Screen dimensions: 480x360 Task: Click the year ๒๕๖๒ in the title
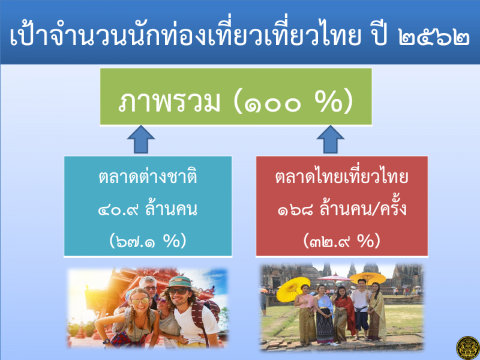(x=434, y=37)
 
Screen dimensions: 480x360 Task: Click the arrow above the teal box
(x=141, y=139)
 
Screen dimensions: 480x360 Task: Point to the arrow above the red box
(x=331, y=139)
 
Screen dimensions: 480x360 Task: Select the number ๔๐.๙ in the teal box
(x=118, y=210)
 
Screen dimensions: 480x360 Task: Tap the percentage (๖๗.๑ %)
(x=148, y=241)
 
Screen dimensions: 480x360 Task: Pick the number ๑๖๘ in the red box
(x=295, y=210)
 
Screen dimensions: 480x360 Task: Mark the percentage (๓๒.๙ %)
(x=341, y=241)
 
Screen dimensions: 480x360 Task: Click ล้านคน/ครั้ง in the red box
(x=363, y=208)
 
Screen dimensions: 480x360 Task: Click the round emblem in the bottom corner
(x=467, y=348)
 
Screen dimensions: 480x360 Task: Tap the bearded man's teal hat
(x=179, y=282)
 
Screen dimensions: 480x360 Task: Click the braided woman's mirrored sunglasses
(x=140, y=301)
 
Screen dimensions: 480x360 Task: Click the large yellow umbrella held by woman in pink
(x=293, y=289)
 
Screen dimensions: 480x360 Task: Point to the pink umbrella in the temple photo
(x=334, y=278)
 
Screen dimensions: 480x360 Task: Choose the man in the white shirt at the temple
(x=361, y=309)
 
